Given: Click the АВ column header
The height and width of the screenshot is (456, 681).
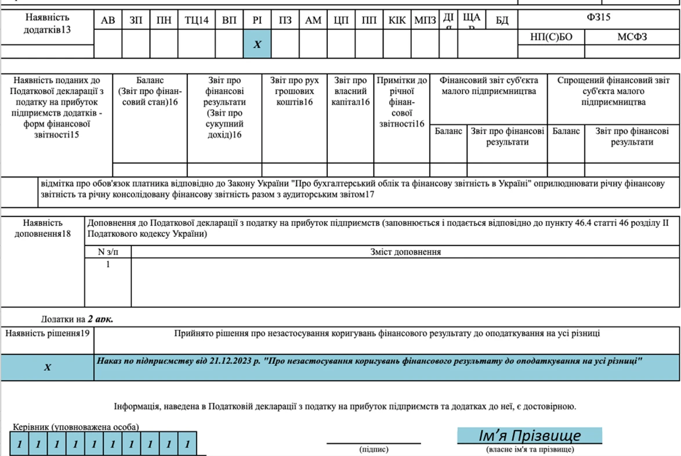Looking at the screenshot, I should click(108, 21).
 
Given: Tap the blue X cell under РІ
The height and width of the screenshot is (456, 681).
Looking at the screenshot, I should click(258, 45).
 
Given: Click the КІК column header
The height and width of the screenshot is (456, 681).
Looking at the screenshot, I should click(397, 21).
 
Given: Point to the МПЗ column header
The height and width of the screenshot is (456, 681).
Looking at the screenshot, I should click(425, 21).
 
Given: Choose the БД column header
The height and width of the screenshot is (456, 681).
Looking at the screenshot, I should click(502, 21).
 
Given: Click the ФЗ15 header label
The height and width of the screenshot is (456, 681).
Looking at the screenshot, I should click(598, 18).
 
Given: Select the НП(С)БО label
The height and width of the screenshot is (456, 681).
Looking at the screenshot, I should click(550, 37).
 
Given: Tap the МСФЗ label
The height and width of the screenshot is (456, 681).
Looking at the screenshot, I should click(632, 37).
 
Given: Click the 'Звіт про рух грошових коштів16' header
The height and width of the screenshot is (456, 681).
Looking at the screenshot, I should click(294, 91).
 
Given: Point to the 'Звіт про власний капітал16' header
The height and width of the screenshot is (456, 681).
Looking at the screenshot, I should click(350, 91).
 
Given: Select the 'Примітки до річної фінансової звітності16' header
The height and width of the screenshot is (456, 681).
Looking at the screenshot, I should click(401, 102).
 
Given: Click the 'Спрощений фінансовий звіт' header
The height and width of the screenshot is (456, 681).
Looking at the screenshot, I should click(613, 91).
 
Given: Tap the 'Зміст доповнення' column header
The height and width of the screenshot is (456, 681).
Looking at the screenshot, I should click(405, 252).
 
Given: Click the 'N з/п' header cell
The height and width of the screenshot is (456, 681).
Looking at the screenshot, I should click(108, 252).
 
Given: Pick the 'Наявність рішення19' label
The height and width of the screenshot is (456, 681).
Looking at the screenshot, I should click(48, 334).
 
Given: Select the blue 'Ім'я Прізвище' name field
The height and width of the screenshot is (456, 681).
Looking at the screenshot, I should click(529, 436).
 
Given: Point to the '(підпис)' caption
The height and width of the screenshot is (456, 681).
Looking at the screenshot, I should click(374, 449).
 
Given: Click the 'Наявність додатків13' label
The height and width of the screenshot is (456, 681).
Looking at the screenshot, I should click(47, 24).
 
